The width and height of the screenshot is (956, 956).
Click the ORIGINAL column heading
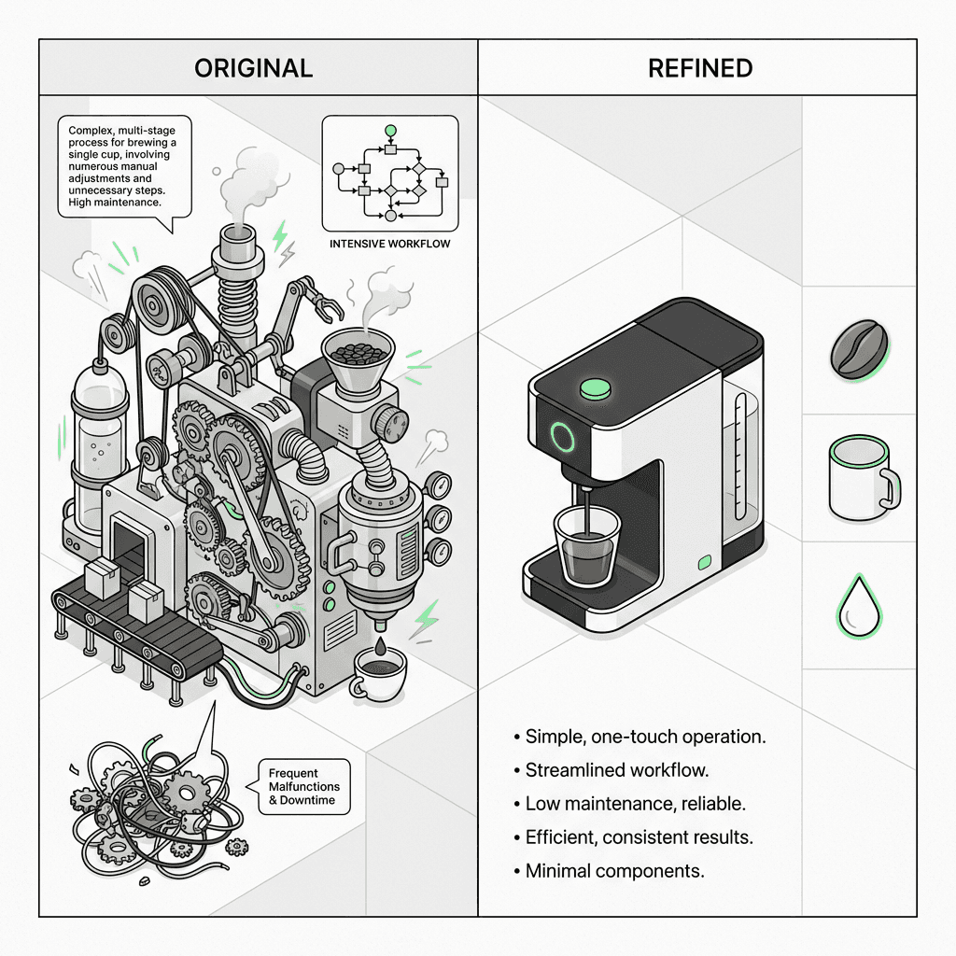[254, 68]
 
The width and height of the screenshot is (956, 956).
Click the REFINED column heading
[700, 68]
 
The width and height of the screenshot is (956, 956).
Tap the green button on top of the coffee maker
[595, 388]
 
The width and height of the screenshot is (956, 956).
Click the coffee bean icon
[859, 350]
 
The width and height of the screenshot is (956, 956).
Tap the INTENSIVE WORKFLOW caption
[389, 244]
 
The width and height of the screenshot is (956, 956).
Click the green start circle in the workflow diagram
[391, 131]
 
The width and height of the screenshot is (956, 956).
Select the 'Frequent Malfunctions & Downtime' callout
[303, 786]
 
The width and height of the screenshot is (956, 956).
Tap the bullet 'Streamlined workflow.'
[612, 770]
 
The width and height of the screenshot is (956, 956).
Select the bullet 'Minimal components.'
[609, 871]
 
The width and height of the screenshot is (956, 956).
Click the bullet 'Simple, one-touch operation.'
[640, 737]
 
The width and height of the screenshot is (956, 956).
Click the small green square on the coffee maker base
[705, 562]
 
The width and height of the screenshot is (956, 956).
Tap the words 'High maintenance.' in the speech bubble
[115, 203]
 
